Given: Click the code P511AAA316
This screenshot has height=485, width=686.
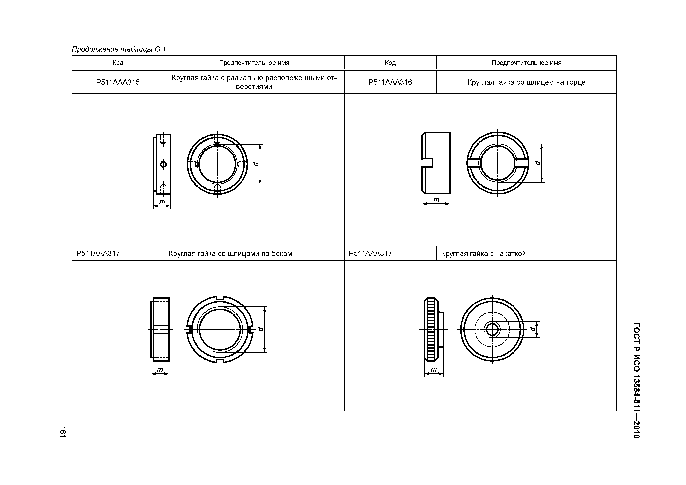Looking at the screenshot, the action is (x=390, y=82).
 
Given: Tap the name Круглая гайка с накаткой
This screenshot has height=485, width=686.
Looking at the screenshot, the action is (x=483, y=254).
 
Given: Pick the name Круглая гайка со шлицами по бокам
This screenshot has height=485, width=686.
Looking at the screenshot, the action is (x=230, y=254).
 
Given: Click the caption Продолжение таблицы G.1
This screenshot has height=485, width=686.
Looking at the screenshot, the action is (x=119, y=49).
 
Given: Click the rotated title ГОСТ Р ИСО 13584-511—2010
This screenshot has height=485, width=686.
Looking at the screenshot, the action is (x=636, y=380).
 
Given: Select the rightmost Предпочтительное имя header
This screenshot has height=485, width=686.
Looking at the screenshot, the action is (x=526, y=63).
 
